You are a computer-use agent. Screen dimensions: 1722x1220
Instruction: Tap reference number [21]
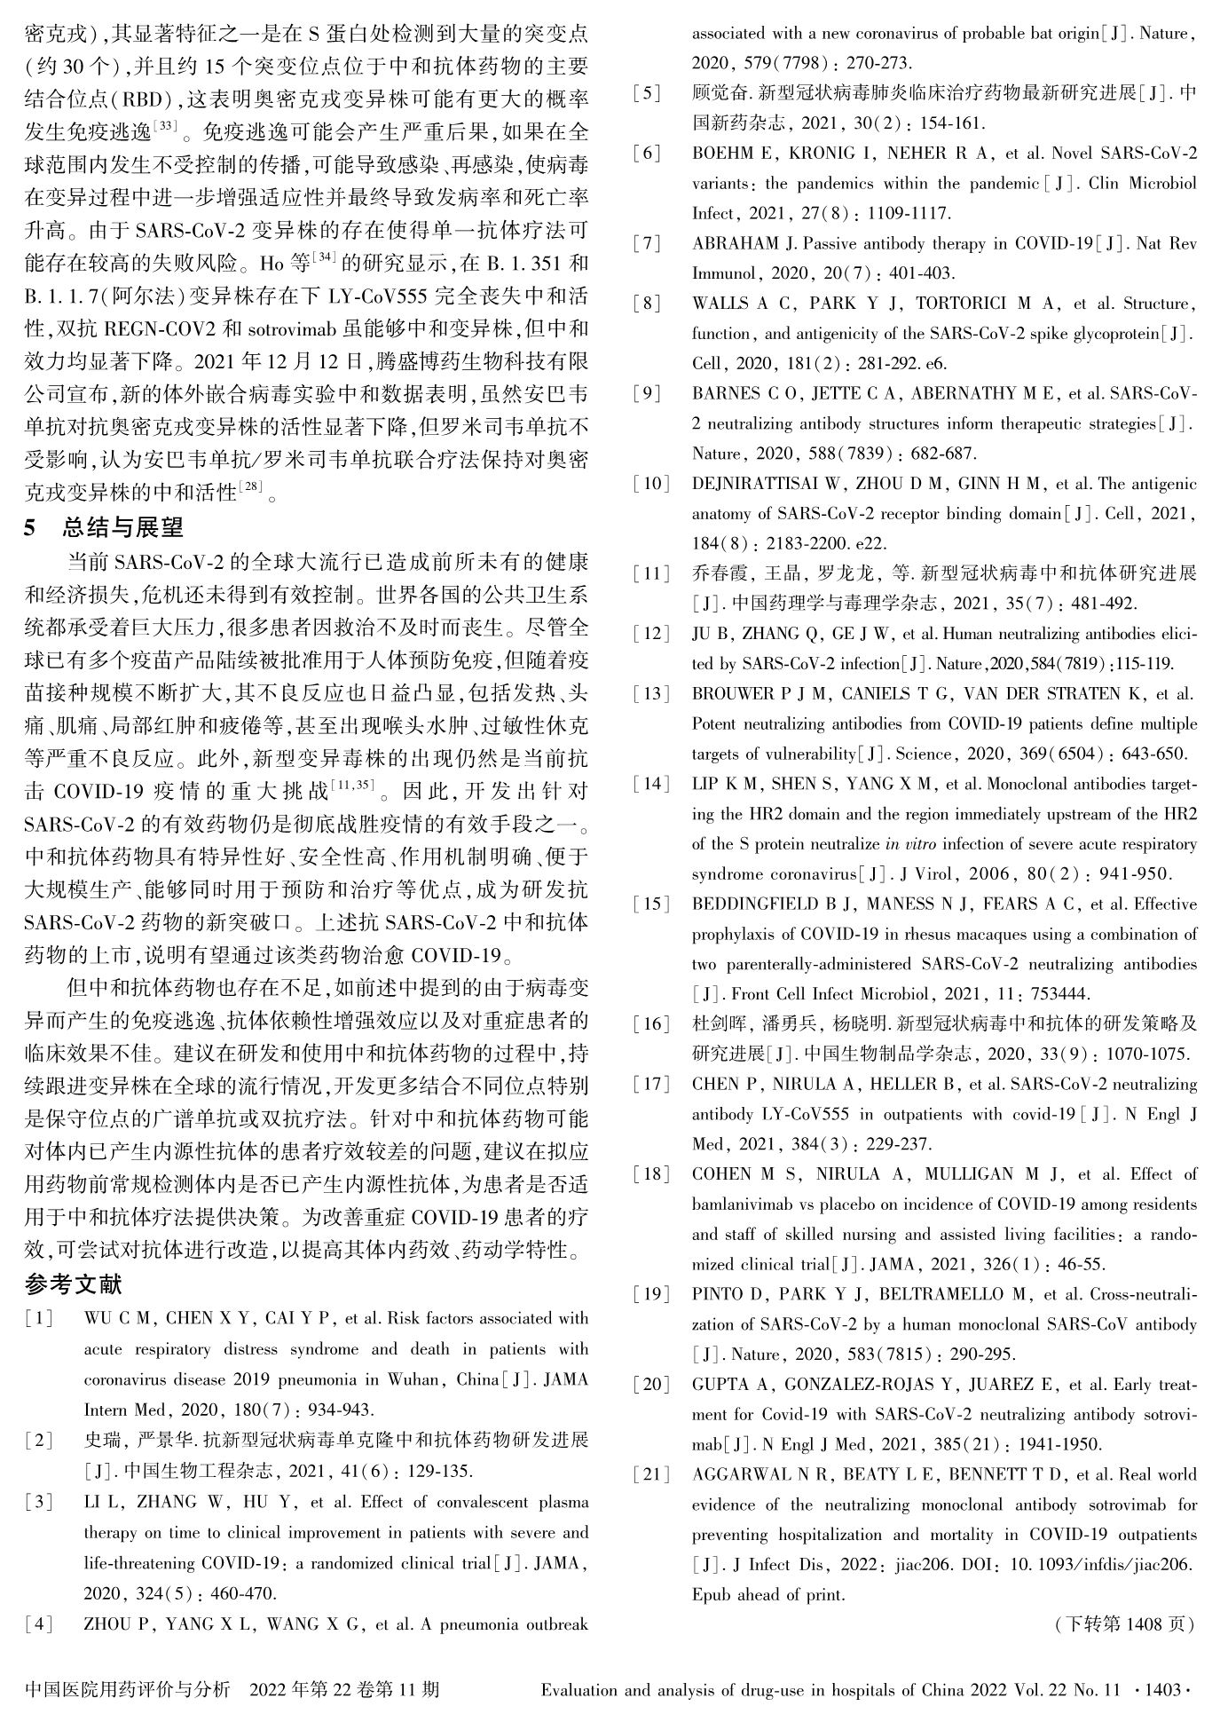pyautogui.click(x=650, y=1474)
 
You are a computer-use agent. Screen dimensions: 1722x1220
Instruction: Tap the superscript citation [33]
pyautogui.click(x=166, y=126)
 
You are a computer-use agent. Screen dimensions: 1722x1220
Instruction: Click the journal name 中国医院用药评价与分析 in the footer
pyautogui.click(x=128, y=1689)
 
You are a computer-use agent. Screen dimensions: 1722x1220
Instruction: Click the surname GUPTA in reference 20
pyautogui.click(x=720, y=1384)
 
